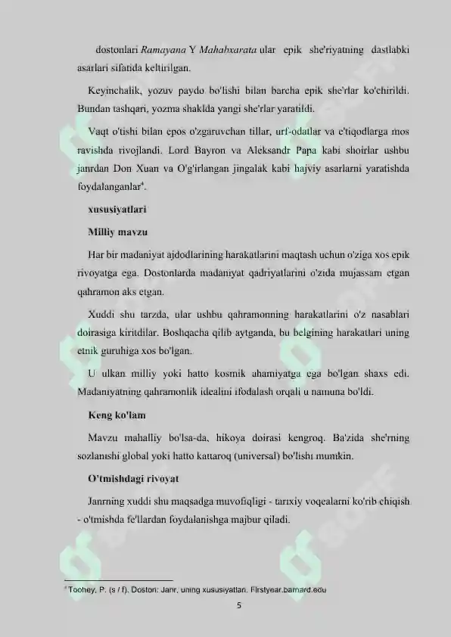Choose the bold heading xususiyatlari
117,207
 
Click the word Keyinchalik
110,92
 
